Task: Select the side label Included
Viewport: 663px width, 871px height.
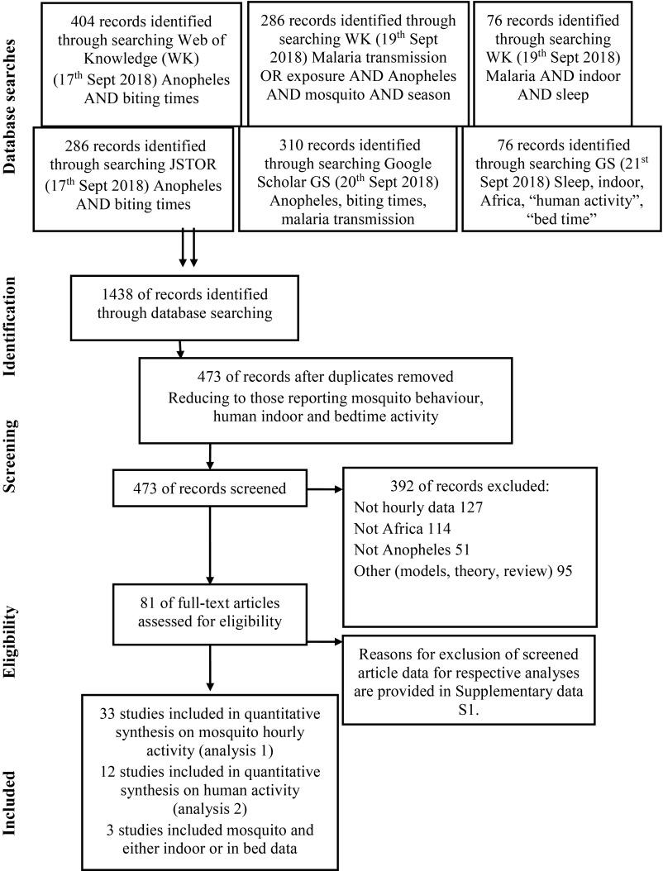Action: pos(12,802)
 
